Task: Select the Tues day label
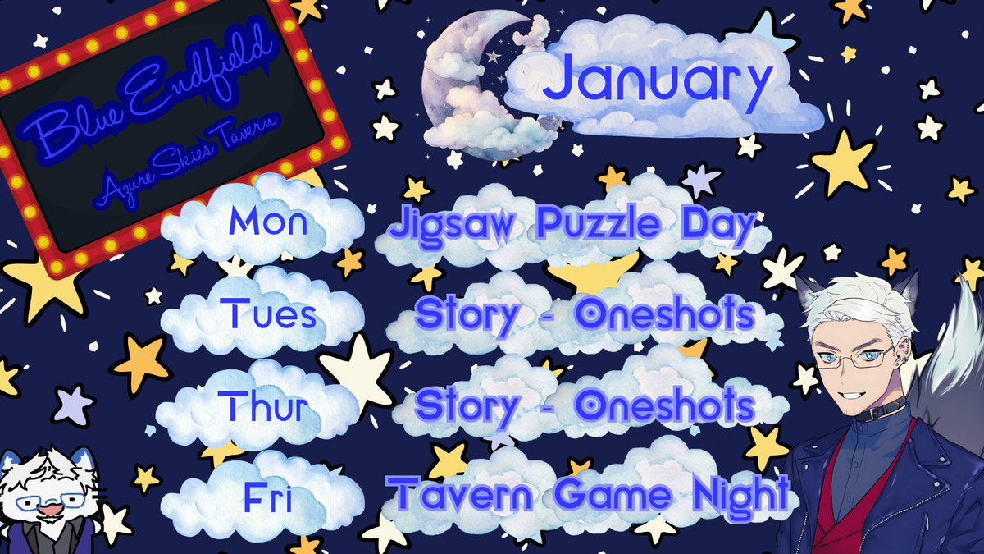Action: pyautogui.click(x=268, y=314)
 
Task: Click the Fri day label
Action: pyautogui.click(x=266, y=496)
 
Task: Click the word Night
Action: pyautogui.click(x=730, y=495)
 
